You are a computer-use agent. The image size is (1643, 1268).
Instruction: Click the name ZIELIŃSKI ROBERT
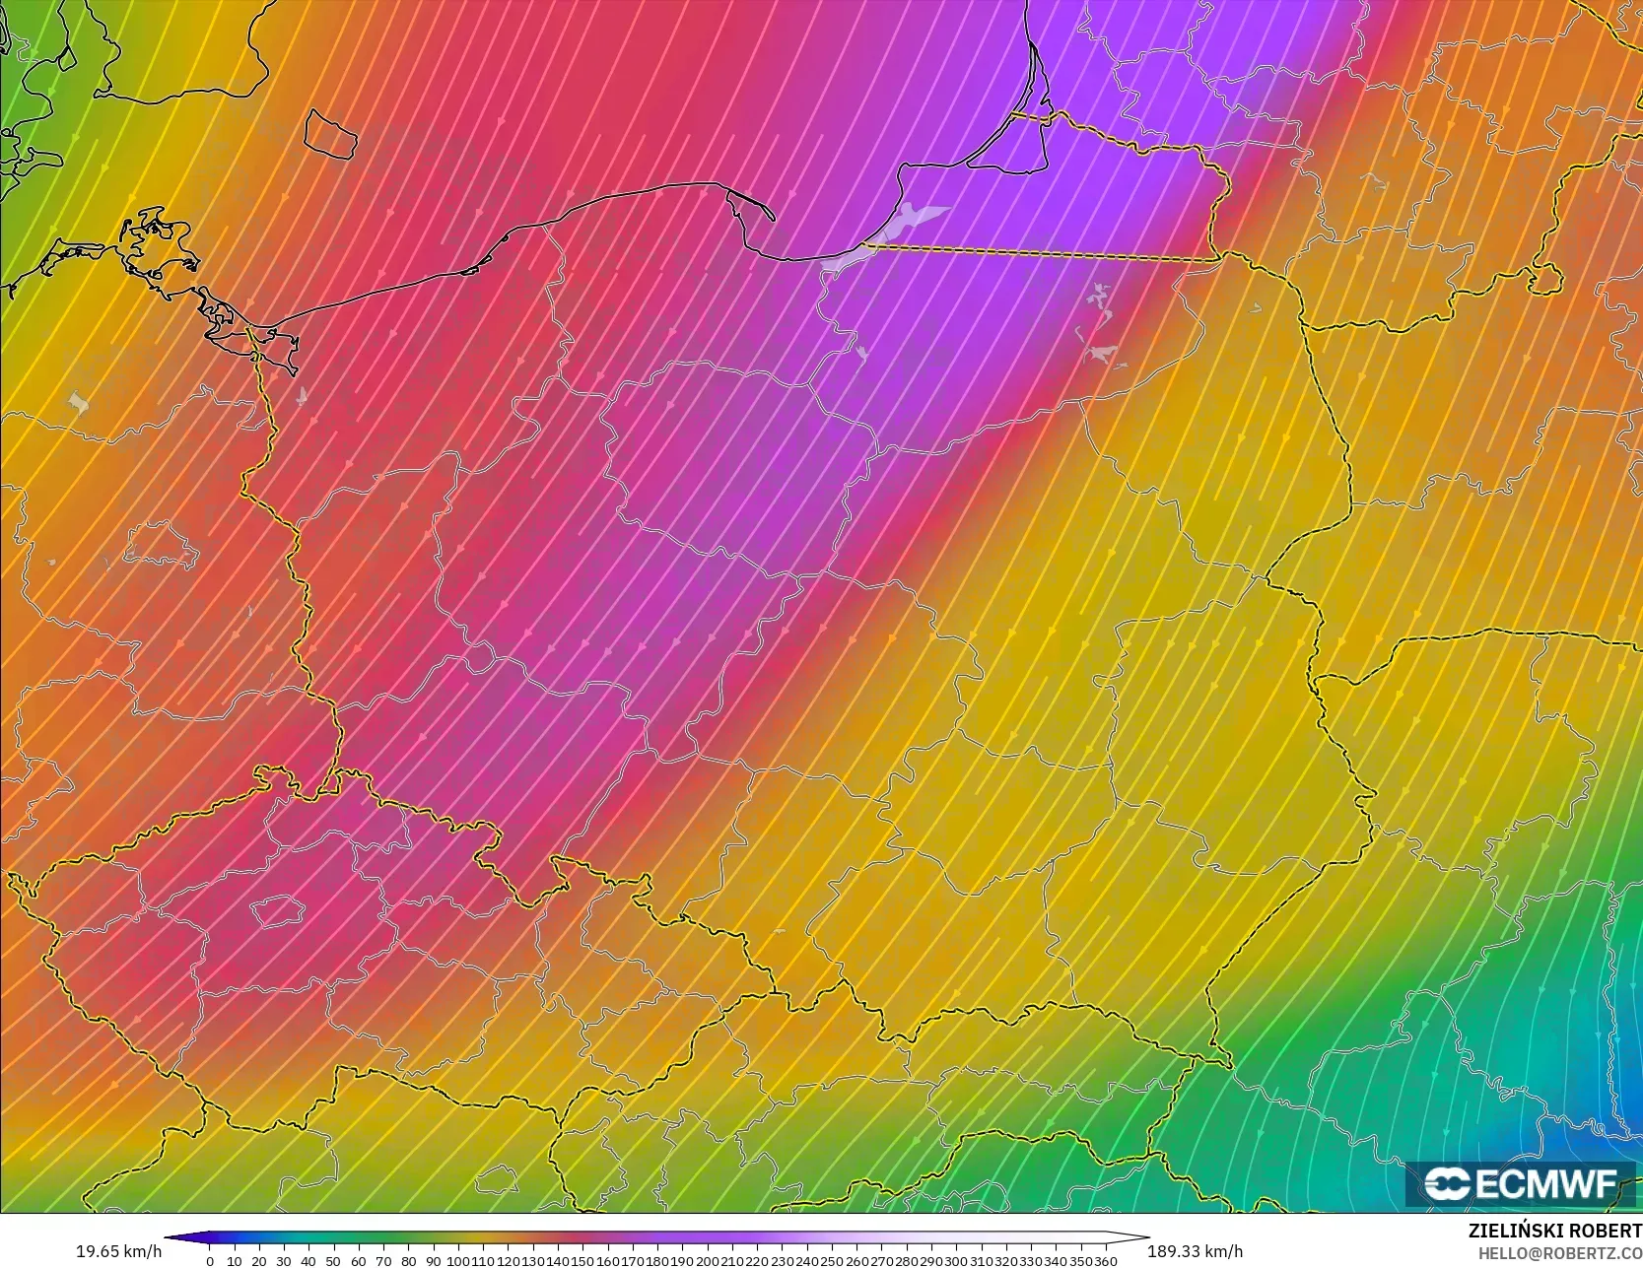pos(1554,1232)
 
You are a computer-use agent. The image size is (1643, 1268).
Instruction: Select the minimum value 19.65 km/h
pos(118,1251)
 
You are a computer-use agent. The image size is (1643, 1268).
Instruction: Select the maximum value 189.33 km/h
pos(1195,1251)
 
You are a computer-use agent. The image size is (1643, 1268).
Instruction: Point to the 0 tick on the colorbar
pos(210,1260)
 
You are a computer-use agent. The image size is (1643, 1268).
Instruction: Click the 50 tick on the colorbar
pos(333,1260)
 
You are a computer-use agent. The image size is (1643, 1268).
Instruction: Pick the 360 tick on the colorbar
pos(1105,1260)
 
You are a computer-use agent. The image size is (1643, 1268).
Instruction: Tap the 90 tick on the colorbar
pos(433,1260)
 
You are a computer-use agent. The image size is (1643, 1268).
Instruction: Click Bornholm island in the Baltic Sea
pos(329,134)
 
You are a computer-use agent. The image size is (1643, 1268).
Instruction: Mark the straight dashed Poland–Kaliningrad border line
pos(1035,253)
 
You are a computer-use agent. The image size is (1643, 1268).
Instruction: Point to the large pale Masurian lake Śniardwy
pos(1104,352)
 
